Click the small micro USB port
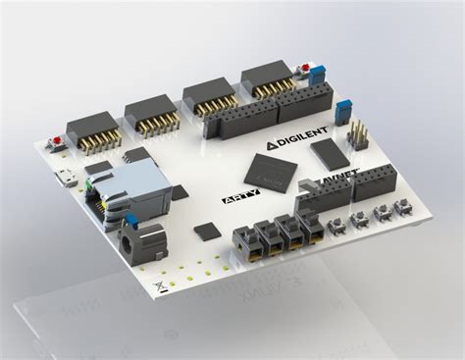[65, 179]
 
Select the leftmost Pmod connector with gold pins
[93, 132]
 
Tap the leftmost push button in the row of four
[337, 225]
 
